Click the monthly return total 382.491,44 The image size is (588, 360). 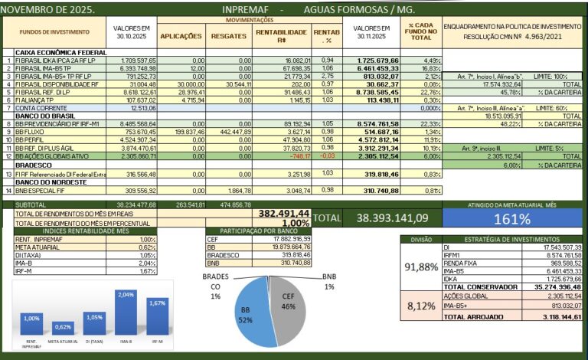coord(284,213)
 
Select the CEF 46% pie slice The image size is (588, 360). coord(285,306)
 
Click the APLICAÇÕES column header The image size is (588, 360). coord(181,36)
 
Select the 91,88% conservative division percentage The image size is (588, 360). coord(421,267)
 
